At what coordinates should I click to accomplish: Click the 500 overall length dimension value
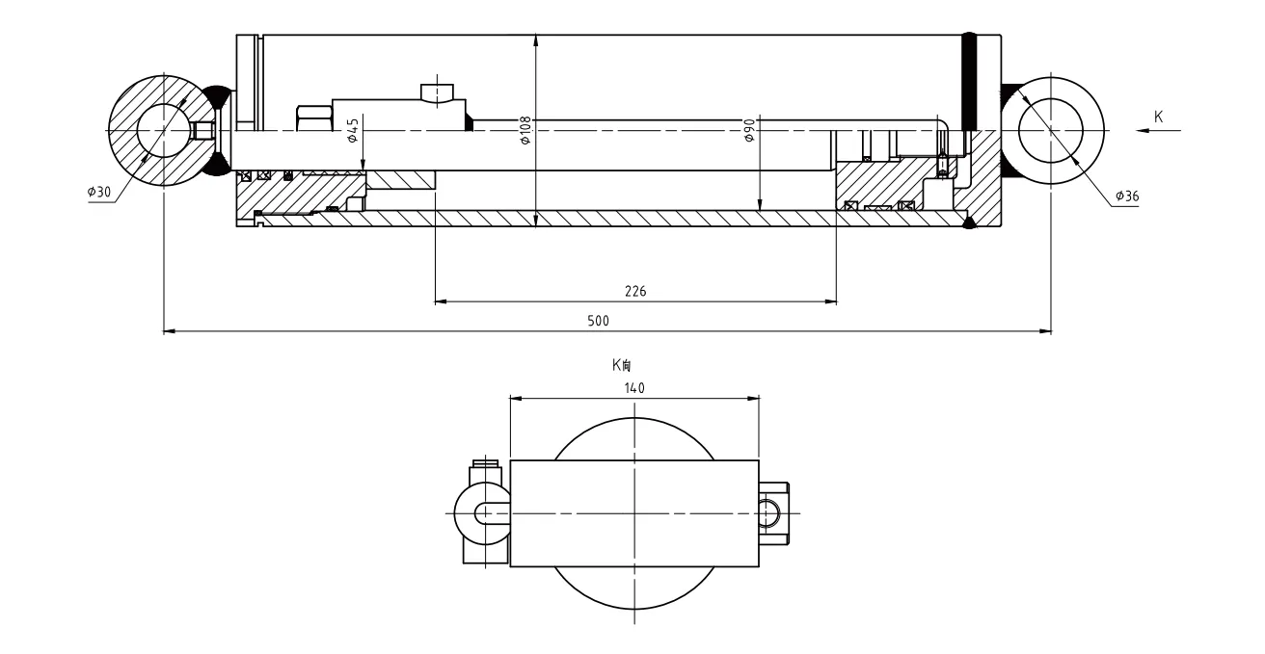pyautogui.click(x=598, y=321)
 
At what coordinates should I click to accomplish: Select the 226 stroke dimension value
pyautogui.click(x=635, y=291)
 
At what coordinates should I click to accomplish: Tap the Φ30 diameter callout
pyautogui.click(x=99, y=192)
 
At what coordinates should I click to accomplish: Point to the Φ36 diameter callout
pyautogui.click(x=1127, y=196)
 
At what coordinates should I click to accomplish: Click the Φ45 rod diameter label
pyautogui.click(x=353, y=130)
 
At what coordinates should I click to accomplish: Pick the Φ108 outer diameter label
pyautogui.click(x=525, y=130)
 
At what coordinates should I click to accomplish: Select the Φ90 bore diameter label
pyautogui.click(x=749, y=130)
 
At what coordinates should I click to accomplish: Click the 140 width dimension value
pyautogui.click(x=634, y=388)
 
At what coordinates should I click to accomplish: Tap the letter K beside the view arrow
pyautogui.click(x=1158, y=117)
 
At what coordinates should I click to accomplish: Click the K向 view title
pyautogui.click(x=621, y=365)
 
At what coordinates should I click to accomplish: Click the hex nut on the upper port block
pyautogui.click(x=314, y=118)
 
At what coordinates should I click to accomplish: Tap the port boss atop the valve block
pyautogui.click(x=437, y=94)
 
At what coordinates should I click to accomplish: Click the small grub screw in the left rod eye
pyautogui.click(x=203, y=130)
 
